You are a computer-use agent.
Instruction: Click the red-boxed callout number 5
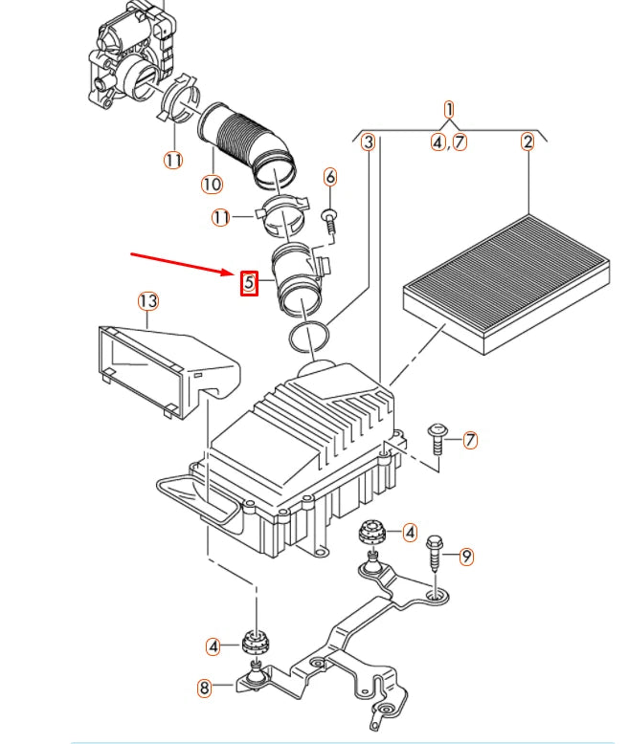pos(248,282)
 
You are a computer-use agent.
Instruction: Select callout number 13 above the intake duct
pos(147,302)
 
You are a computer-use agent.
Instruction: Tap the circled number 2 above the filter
pos(527,142)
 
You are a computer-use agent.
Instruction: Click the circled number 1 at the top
pos(449,110)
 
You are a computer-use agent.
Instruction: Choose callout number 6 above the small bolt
pos(330,177)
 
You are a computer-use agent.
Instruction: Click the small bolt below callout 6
pos(330,219)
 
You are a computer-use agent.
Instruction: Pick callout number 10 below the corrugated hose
pos(212,184)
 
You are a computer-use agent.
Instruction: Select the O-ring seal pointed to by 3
pos(309,335)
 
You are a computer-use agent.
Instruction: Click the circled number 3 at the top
pos(368,142)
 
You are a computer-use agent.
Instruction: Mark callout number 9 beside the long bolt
pos(466,556)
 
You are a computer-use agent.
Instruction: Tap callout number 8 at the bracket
pos(204,687)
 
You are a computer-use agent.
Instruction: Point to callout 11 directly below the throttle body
pos(172,160)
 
